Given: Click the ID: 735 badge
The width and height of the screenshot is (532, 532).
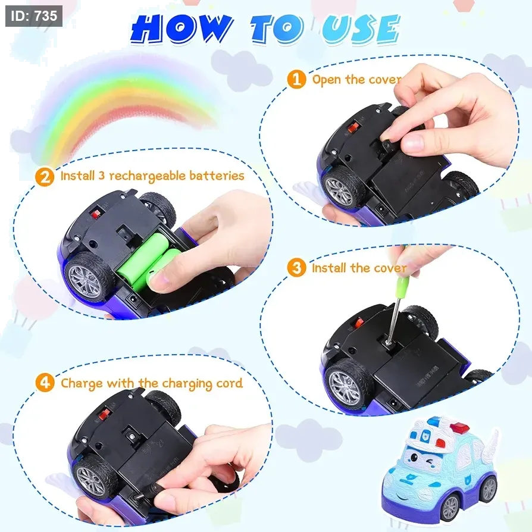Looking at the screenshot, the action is [x=34, y=16].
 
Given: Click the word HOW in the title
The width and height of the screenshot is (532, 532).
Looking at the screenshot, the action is [x=180, y=30].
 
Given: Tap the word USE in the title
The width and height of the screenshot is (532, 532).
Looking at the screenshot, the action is [x=361, y=30].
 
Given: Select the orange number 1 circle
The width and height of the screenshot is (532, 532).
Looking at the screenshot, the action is [x=296, y=79].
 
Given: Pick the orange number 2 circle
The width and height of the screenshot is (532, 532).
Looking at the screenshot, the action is [x=45, y=176].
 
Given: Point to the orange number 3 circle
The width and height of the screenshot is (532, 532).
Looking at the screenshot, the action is [x=296, y=268].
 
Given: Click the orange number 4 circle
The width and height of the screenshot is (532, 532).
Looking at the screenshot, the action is [x=45, y=383].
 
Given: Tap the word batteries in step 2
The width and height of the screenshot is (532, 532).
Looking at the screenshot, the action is [x=217, y=176].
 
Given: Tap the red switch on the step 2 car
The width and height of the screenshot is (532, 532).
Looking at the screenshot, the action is [x=96, y=214].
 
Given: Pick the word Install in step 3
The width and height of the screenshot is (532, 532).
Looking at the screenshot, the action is [x=329, y=268].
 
